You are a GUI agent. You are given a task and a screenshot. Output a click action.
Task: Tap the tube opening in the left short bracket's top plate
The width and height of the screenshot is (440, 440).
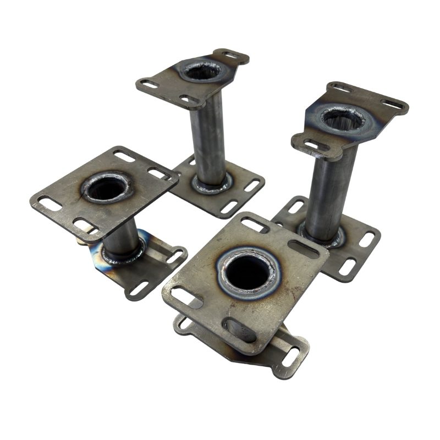pyautogui.click(x=106, y=189)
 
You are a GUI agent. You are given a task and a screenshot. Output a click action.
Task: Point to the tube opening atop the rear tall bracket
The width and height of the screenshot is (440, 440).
pyautogui.click(x=202, y=70)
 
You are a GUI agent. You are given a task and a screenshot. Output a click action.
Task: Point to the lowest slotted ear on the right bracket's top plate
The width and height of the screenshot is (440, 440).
pyautogui.click(x=311, y=146)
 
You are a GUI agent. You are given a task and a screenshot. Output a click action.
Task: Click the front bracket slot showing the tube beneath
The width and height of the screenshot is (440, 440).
pyautogui.click(x=240, y=329)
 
